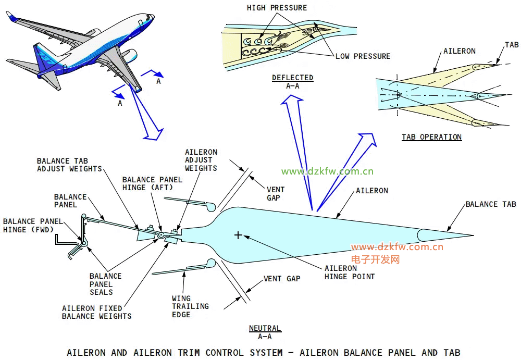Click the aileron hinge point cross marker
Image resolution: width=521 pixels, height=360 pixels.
click(238, 235)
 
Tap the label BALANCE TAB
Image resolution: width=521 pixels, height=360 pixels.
click(490, 204)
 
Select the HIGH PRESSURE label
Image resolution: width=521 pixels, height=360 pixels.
click(277, 8)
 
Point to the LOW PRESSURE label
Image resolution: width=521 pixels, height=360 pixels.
click(363, 56)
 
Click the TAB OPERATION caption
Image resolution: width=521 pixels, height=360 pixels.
click(431, 137)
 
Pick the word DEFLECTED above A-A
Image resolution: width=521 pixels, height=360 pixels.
click(292, 78)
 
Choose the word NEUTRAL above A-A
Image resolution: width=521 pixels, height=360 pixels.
click(265, 328)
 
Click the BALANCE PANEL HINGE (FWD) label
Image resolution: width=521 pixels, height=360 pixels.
click(30, 225)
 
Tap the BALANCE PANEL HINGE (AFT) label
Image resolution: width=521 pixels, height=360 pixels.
click(152, 183)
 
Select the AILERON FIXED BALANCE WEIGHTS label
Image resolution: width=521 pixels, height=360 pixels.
click(96, 312)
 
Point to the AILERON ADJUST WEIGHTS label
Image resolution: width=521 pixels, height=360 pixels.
click(201, 160)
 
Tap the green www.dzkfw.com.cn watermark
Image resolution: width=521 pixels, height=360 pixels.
click(327, 171)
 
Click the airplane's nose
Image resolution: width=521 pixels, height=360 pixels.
click(151, 16)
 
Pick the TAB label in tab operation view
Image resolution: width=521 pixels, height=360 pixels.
click(512, 45)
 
